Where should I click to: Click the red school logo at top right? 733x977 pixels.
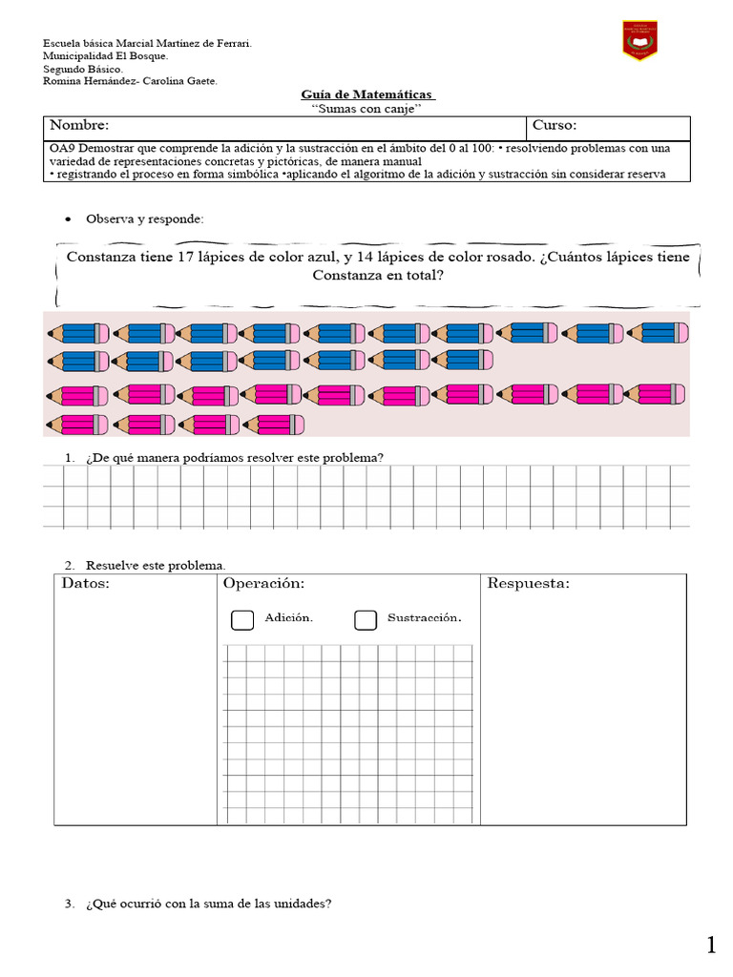(640, 41)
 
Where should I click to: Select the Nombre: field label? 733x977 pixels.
(79, 126)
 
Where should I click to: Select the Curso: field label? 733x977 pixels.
(555, 126)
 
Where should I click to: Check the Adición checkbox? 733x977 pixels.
(242, 620)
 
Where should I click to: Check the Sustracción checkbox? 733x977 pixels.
(366, 620)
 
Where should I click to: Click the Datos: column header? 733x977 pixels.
(86, 583)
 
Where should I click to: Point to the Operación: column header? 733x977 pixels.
(263, 583)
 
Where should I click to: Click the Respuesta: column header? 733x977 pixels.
(528, 583)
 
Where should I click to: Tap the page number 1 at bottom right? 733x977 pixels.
(711, 946)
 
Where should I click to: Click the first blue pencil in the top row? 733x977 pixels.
(79, 333)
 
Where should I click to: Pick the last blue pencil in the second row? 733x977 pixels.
(463, 361)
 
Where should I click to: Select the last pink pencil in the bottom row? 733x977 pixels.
(274, 424)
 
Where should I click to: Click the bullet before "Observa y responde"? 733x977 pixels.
(68, 219)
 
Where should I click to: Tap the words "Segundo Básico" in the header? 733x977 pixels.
(83, 70)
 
